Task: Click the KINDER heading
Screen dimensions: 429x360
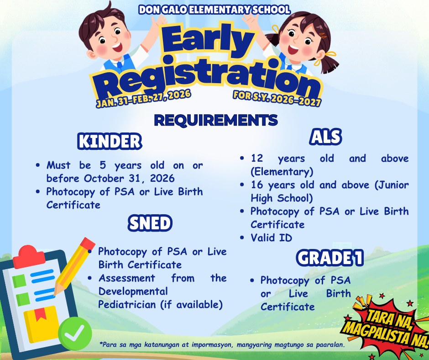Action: click(x=110, y=141)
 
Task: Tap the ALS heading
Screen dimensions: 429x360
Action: click(x=325, y=137)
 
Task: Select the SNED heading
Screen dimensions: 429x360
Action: click(x=150, y=223)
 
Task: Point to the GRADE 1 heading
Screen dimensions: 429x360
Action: click(x=330, y=258)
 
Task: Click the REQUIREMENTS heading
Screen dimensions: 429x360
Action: click(x=216, y=120)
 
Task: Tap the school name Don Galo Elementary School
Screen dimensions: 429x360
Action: click(x=214, y=10)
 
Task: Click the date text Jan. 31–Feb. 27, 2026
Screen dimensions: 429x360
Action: click(x=143, y=98)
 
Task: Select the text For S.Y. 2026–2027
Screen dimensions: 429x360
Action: click(x=277, y=98)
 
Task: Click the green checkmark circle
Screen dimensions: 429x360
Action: click(x=75, y=334)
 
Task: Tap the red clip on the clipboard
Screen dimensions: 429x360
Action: click(x=29, y=257)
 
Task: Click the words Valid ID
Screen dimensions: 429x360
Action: click(x=272, y=238)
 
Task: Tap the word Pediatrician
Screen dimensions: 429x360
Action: click(x=127, y=304)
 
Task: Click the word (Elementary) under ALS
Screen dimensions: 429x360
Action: click(x=282, y=172)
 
